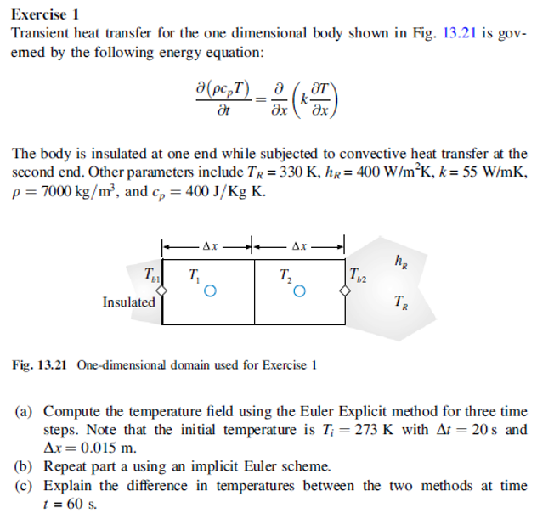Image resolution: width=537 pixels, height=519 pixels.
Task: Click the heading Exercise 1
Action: tap(45, 14)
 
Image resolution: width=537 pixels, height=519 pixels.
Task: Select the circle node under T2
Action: tap(298, 291)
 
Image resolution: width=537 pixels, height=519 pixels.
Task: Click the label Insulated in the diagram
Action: tap(129, 302)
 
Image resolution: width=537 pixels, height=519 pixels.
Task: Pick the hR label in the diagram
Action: tap(400, 261)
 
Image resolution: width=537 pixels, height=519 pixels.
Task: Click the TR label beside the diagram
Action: tap(400, 302)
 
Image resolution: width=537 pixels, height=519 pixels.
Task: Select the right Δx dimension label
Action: tap(299, 246)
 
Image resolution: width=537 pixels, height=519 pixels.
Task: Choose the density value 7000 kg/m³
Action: tap(68, 190)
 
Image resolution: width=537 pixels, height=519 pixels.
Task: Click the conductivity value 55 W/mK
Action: tap(487, 172)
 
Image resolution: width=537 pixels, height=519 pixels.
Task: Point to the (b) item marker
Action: tap(25, 466)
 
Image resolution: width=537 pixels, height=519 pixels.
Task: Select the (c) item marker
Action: tap(25, 486)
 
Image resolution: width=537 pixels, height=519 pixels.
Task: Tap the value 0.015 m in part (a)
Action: tap(94, 448)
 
